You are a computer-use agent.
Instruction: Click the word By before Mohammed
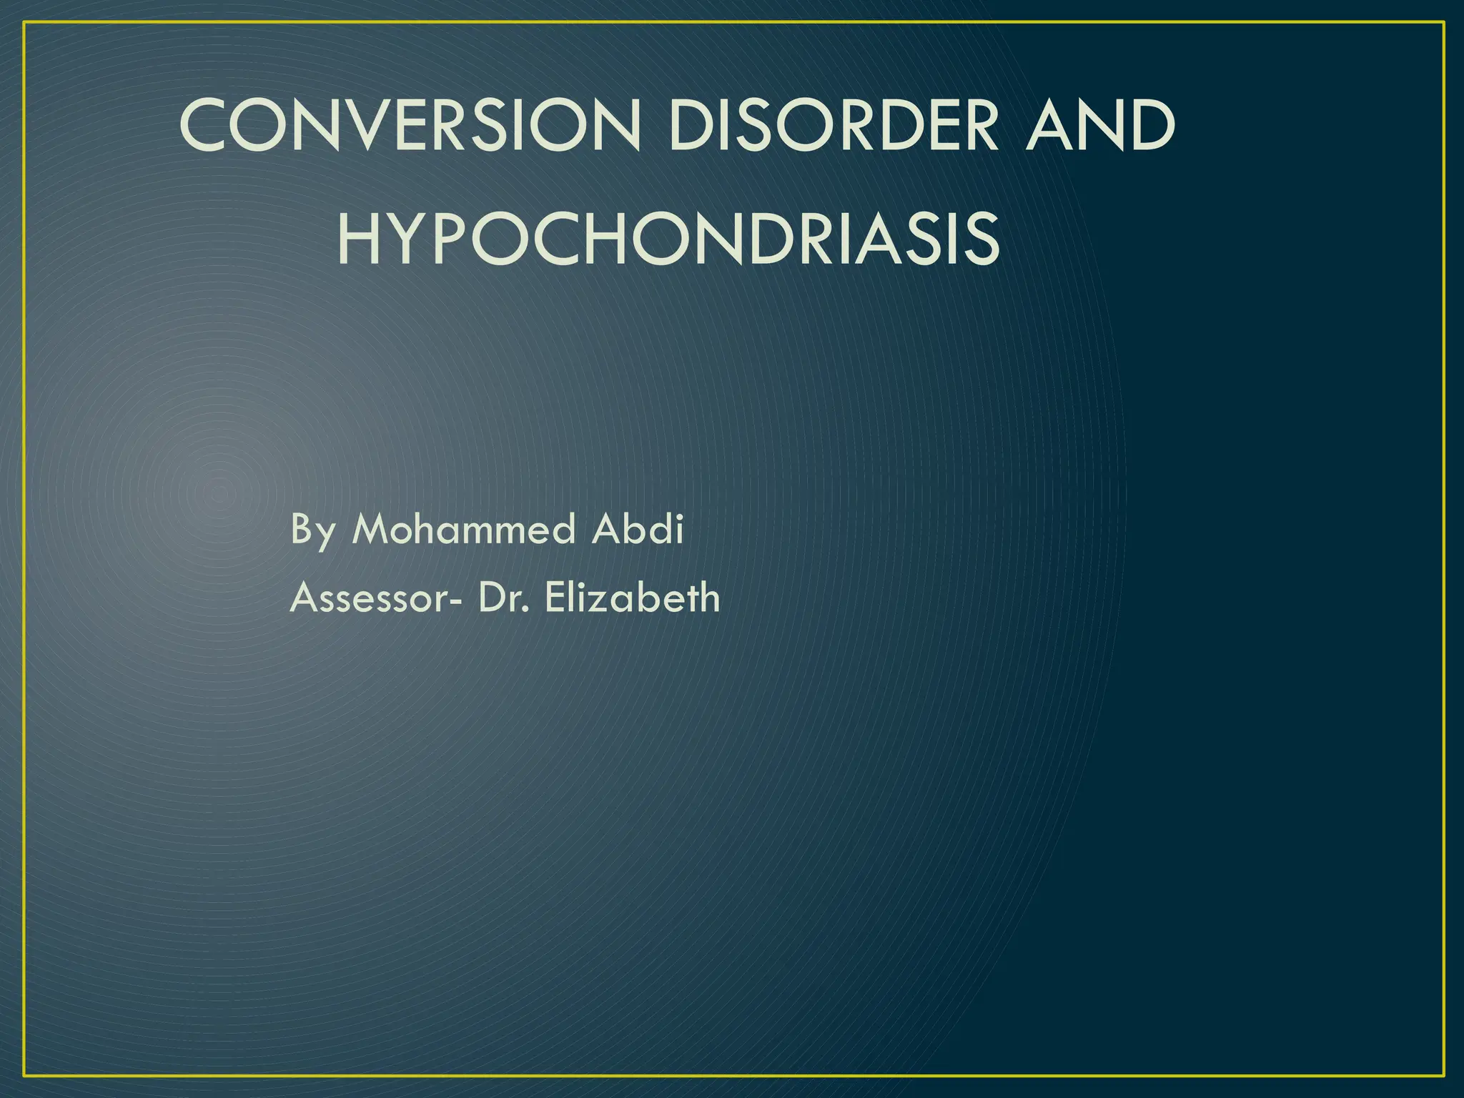312,530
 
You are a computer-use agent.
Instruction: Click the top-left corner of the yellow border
24,23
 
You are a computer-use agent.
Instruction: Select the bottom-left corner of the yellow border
24,1075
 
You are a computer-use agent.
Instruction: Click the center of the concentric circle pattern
219,492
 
